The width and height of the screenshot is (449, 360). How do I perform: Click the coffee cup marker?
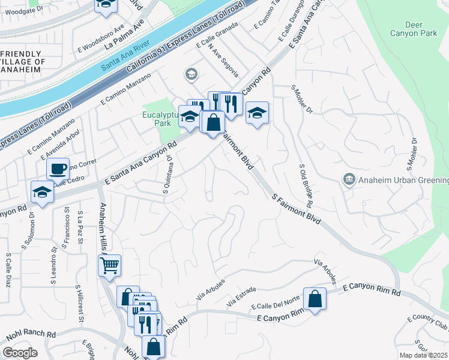pos(58,169)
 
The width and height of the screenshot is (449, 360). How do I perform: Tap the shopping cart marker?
pos(109,265)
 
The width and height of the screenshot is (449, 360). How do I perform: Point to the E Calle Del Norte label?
pos(277,305)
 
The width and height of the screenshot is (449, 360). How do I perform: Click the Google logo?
pos(20,353)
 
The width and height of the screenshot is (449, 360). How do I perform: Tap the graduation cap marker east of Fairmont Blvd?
pos(256,113)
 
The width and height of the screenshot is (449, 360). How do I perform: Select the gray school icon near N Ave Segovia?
pos(191,74)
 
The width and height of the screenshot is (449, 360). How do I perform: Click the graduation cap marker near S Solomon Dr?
pos(43,192)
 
